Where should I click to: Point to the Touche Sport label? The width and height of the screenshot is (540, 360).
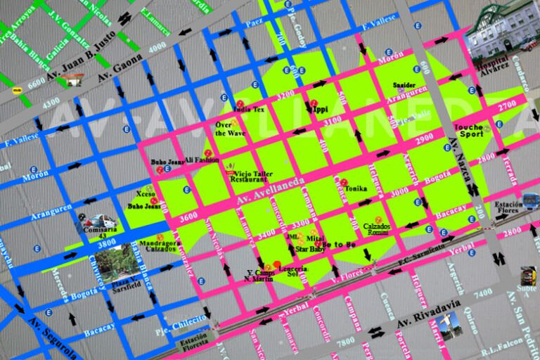470,130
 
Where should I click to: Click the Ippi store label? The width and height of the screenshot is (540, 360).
321,110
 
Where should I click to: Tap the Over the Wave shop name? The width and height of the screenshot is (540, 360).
231,129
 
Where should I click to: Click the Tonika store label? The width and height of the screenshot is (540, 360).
356,188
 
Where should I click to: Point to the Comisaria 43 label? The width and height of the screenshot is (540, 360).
99,233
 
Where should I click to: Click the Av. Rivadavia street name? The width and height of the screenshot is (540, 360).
428,314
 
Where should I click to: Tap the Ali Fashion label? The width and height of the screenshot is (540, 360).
202,160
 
